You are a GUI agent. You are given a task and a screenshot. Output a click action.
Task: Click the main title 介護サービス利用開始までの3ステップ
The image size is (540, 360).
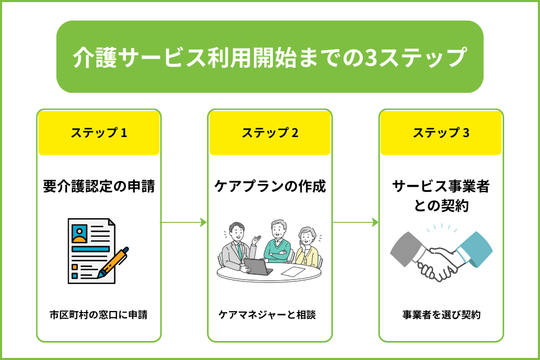[x=270, y=57]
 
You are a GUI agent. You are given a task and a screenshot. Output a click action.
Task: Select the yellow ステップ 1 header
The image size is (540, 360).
[x=99, y=133]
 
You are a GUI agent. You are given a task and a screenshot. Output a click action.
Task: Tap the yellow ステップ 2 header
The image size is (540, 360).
[x=270, y=133]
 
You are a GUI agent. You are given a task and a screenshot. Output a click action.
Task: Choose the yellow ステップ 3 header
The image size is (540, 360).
[x=441, y=133]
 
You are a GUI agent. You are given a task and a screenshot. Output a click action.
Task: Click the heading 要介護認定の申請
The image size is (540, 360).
[x=99, y=186]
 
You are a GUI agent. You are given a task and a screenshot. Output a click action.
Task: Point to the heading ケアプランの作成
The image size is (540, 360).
[x=270, y=186]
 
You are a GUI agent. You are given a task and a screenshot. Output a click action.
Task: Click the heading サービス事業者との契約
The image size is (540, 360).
[x=441, y=196]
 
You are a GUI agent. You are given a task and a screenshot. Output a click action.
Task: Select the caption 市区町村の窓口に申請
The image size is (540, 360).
[x=99, y=315]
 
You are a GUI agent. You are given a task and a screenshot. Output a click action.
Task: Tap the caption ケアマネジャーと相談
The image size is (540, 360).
[x=267, y=315]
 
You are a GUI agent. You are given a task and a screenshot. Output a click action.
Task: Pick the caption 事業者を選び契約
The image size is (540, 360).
[x=441, y=315]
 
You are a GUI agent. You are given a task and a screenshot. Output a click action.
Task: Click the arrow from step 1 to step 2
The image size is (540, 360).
[x=183, y=222]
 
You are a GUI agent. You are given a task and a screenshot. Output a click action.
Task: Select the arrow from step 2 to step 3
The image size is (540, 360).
[x=355, y=222]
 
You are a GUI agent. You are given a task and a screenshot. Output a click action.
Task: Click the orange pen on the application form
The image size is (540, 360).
[x=113, y=262]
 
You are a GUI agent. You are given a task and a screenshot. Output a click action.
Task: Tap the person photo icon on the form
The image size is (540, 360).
[x=80, y=234]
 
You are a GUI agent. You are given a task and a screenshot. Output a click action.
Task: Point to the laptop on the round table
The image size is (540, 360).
[x=258, y=267]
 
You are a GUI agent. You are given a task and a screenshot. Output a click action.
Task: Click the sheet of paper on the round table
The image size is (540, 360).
[x=293, y=271]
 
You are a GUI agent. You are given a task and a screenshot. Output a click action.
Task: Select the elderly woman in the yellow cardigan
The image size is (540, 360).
[x=308, y=247]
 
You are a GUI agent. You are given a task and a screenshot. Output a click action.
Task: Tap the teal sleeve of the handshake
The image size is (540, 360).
[x=475, y=249]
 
